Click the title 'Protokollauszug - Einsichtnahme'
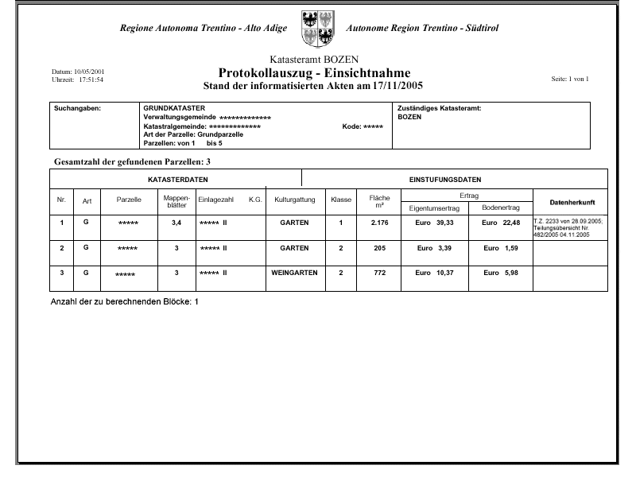pyautogui.click(x=314, y=72)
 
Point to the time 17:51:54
pyautogui.click(x=90, y=79)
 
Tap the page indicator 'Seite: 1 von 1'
pyautogui.click(x=569, y=79)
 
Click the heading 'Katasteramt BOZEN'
pyautogui.click(x=314, y=60)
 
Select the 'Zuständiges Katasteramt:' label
pyautogui.click(x=440, y=107)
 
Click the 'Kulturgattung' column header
pyautogui.click(x=295, y=200)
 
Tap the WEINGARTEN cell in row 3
pyautogui.click(x=294, y=273)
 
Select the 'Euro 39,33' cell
pyautogui.click(x=434, y=223)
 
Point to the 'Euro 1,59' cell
pyautogui.click(x=501, y=248)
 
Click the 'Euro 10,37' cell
pyautogui.click(x=434, y=273)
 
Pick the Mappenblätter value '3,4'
pyautogui.click(x=176, y=223)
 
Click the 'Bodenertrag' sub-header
pyautogui.click(x=501, y=207)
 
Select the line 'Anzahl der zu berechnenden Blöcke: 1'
pyautogui.click(x=124, y=303)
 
